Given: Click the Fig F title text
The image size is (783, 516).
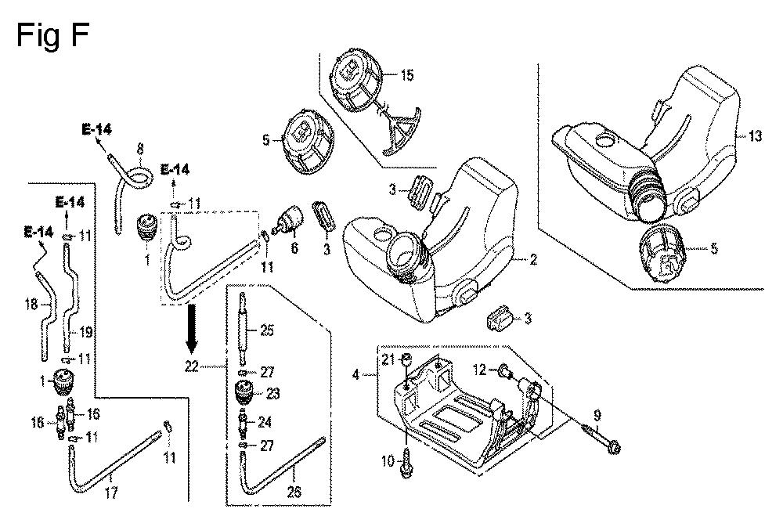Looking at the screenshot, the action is point(52,36).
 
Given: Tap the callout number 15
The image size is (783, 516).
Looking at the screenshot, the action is point(407,75).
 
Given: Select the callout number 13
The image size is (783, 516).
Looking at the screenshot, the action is point(756,135).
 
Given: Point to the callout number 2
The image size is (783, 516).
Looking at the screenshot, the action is point(533,259).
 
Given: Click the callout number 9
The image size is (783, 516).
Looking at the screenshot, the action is point(597,415).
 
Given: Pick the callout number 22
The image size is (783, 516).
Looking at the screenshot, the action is point(192,366).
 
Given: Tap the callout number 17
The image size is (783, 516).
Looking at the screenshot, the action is point(111,493).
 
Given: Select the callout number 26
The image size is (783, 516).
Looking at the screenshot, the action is point(294,492).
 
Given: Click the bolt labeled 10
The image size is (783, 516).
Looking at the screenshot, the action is point(406,462).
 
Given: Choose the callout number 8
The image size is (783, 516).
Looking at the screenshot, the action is point(140,148).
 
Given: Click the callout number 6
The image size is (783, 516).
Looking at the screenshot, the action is point(294,247).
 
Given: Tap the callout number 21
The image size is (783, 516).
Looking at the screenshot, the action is point(388,359).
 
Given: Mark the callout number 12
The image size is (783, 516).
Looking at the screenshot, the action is point(479,370).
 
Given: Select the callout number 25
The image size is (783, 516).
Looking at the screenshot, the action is point(267,330).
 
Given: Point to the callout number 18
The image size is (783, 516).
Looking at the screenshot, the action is point(31,303).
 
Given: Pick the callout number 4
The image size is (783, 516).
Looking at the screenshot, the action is point(355,374).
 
